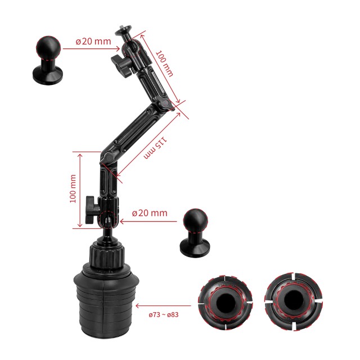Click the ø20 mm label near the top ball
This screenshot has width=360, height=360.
pos(93,41)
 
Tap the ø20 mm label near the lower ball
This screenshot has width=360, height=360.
pos(150,213)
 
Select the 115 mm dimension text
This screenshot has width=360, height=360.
pos(155,147)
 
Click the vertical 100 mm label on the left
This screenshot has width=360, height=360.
pos(73,189)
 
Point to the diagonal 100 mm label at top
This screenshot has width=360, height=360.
pos(164,64)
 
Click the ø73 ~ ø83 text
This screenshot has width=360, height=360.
pos(164,314)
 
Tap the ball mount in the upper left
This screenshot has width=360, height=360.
pos(48,60)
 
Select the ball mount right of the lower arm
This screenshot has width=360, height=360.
pos(195,233)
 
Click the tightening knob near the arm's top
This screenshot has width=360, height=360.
pos(121,64)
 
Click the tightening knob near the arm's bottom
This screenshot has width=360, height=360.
pos(92,210)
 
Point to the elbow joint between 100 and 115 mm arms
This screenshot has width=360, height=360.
pos(165,104)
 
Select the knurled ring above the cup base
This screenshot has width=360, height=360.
pos(107,255)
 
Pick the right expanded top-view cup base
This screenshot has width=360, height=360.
pos(294,301)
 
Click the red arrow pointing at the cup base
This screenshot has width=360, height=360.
pos(163,305)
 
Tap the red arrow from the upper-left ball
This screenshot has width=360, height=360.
pos(91,49)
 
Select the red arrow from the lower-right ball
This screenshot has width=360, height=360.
pos(148,221)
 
